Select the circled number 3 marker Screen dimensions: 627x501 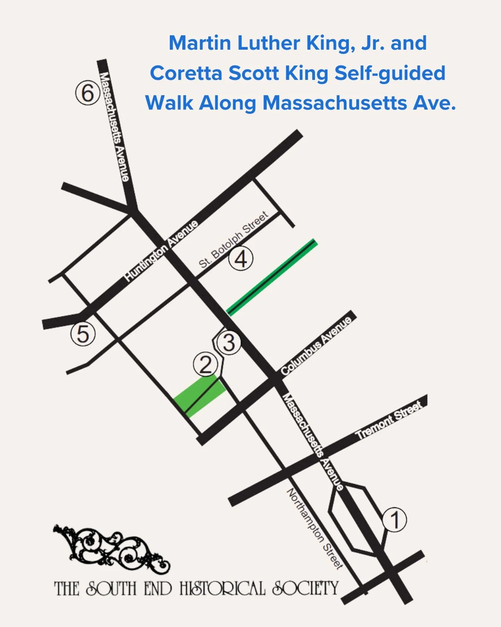pos(229,342)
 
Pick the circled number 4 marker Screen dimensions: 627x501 pos(241,259)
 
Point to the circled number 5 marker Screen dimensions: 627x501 pos(83,334)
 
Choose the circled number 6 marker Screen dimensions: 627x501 pos(88,93)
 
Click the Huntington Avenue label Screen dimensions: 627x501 pos(161,251)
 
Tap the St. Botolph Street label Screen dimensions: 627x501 pos(233,240)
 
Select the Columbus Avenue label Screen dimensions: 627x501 pos(316,345)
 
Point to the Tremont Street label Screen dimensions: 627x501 pos(389,420)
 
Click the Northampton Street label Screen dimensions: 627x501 pos(315,529)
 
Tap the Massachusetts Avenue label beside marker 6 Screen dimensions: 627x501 pos(114,126)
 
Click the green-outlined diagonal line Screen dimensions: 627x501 pos(272,277)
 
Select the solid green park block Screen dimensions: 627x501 pos(200,396)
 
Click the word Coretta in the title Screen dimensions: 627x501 pos(186,73)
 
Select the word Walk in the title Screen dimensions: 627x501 pos(169,103)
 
